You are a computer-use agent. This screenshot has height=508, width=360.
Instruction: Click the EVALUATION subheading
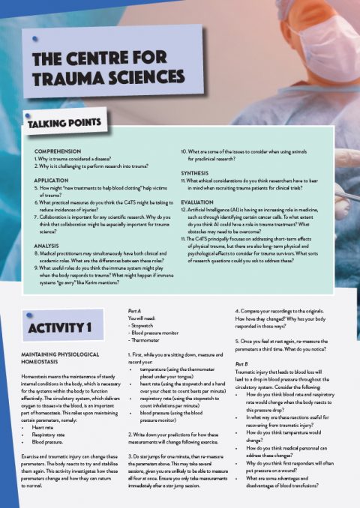point(202,202)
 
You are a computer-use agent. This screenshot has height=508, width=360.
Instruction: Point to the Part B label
point(244,364)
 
